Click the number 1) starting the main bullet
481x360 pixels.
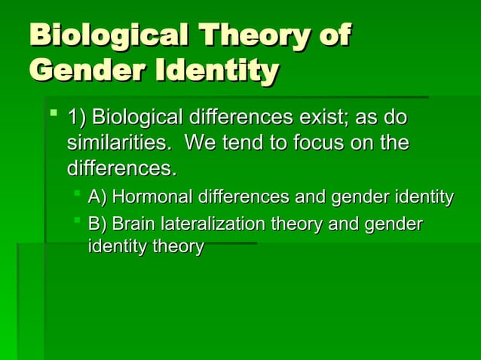pos(77,119)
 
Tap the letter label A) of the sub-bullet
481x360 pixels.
pos(98,197)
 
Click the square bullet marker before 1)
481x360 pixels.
pos(52,117)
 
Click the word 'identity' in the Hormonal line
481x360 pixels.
pos(425,197)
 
